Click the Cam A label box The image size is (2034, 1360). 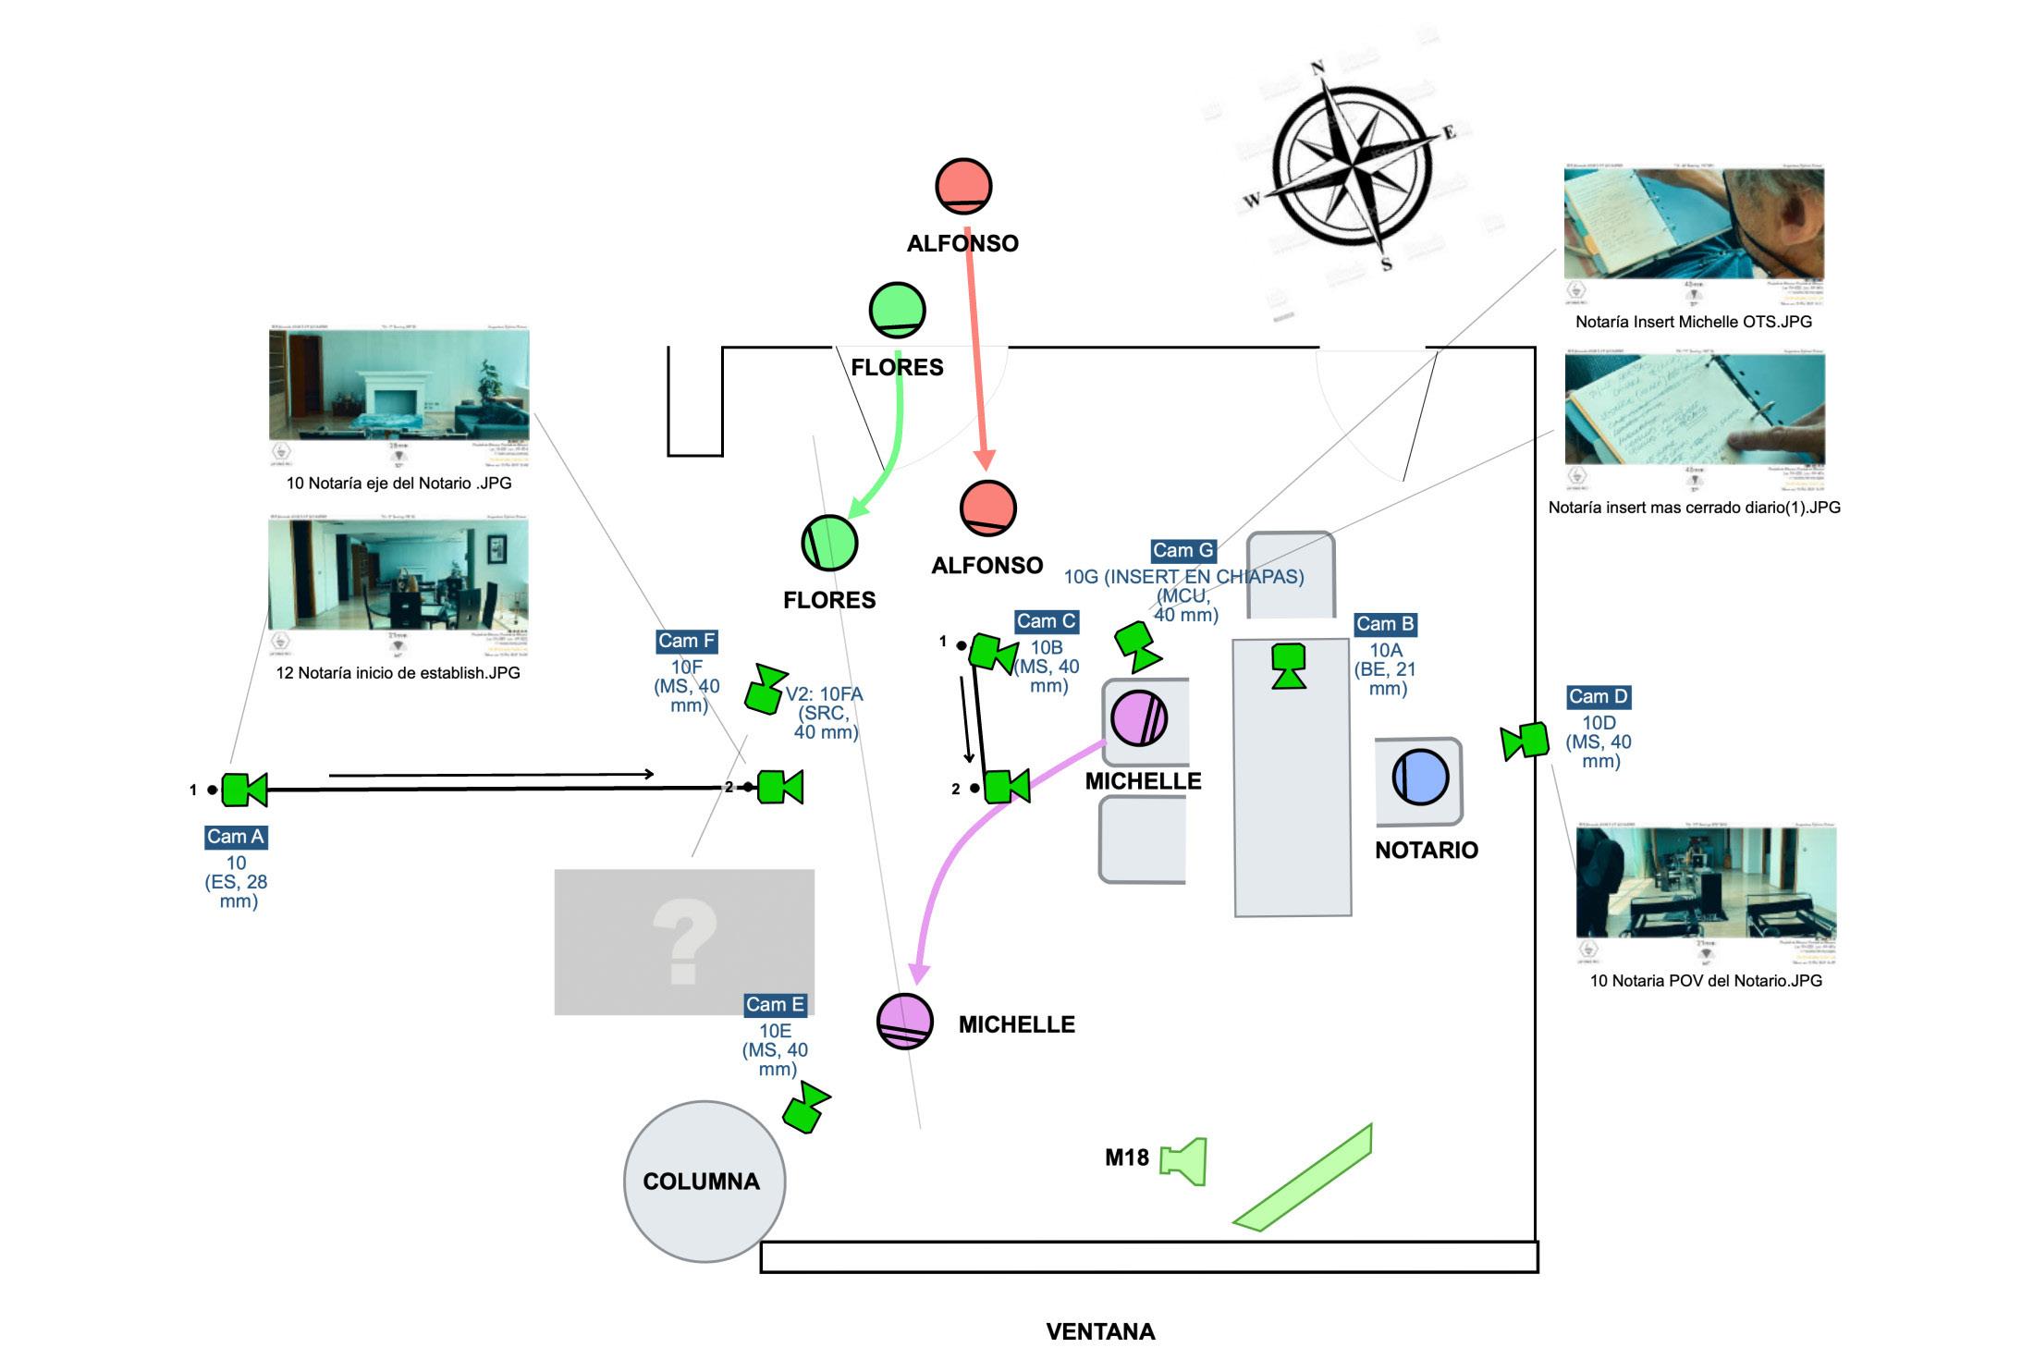pyautogui.click(x=236, y=837)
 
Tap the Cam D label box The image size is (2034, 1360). pyautogui.click(x=1598, y=697)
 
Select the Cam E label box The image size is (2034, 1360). pyautogui.click(x=775, y=1005)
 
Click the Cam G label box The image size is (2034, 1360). pyautogui.click(x=1182, y=551)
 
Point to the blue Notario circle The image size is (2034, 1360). pyautogui.click(x=1419, y=777)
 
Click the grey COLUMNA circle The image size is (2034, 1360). pyautogui.click(x=704, y=1181)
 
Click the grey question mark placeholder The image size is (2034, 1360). pyautogui.click(x=684, y=942)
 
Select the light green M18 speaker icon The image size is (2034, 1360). pyautogui.click(x=1184, y=1160)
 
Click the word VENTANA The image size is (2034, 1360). pyautogui.click(x=1100, y=1331)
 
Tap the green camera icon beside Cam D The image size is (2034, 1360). pyautogui.click(x=1525, y=741)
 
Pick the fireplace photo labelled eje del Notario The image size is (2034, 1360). pyautogui.click(x=399, y=385)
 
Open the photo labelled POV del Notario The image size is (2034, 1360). pyautogui.click(x=1706, y=883)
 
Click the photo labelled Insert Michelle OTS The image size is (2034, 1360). pyautogui.click(x=1694, y=225)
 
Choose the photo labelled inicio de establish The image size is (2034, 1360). pyautogui.click(x=398, y=575)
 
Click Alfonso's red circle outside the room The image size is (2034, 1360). pyautogui.click(x=963, y=186)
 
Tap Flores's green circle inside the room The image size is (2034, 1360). pyautogui.click(x=829, y=543)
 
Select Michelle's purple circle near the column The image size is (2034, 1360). pyautogui.click(x=904, y=1021)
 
